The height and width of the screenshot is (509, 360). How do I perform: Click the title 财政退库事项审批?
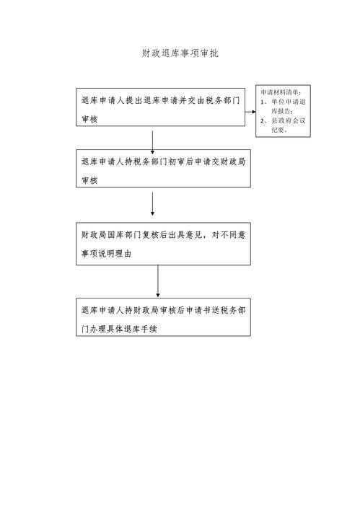coord(180,53)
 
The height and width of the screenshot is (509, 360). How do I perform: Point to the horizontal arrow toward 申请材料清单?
coord(250,112)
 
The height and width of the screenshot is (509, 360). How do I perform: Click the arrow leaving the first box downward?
coord(152,143)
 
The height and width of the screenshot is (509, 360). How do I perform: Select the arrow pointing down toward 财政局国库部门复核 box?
coord(152,204)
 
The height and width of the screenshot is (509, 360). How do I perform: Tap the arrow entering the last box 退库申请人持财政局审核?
coord(158,281)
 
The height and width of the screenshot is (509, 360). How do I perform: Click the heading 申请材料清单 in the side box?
coord(281,92)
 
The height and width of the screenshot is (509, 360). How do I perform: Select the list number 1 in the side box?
coord(263,102)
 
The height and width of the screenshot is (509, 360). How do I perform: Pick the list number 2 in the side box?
coord(263,120)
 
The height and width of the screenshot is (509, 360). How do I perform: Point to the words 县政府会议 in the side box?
coord(289,120)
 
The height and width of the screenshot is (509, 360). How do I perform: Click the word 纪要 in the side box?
coord(278,130)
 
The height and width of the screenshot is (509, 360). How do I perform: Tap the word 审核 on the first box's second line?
coord(89,119)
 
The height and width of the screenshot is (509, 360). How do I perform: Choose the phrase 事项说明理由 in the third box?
coord(106,254)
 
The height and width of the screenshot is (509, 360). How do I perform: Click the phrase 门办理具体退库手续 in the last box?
coord(119,329)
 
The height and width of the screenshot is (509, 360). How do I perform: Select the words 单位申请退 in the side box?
coord(289,102)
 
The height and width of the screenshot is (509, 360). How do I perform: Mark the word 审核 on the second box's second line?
coord(89,180)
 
